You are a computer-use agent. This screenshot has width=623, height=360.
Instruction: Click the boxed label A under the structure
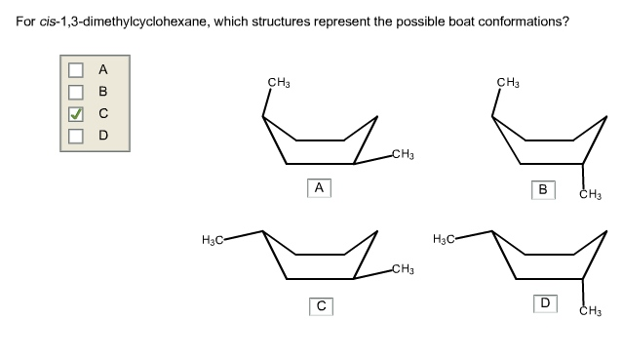pyautogui.click(x=318, y=187)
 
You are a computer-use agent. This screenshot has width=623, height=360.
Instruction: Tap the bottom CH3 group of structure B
pyautogui.click(x=590, y=195)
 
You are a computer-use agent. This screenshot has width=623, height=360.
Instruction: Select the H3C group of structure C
pyautogui.click(x=213, y=238)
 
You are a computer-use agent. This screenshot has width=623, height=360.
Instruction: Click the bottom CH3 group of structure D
pyautogui.click(x=590, y=313)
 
